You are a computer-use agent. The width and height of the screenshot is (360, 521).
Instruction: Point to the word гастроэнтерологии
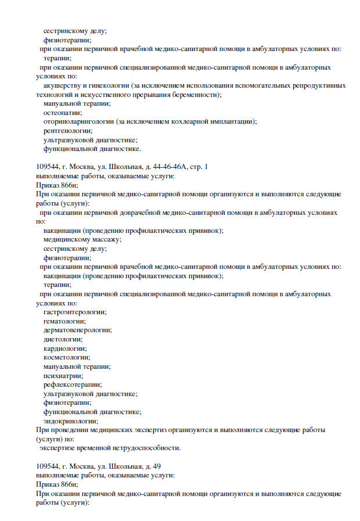click(70, 312)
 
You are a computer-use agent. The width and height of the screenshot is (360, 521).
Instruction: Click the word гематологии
click(64, 321)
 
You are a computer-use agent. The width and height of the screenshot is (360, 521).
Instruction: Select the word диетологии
click(62, 339)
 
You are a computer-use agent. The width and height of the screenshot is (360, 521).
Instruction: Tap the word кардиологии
click(64, 348)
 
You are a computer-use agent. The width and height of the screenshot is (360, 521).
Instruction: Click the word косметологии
click(66, 358)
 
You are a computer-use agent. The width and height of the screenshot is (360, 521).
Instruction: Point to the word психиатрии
click(62, 376)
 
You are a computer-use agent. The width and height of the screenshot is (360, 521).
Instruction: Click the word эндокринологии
click(70, 421)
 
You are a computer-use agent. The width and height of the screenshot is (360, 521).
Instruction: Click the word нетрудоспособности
click(147, 448)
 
